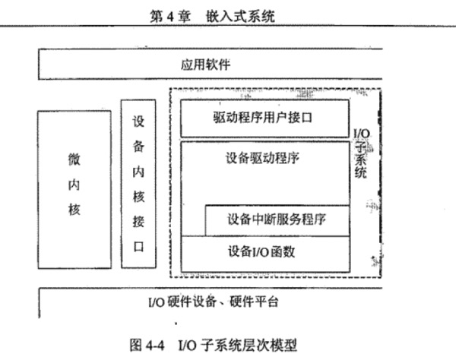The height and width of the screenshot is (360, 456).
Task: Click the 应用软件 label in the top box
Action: coord(206,65)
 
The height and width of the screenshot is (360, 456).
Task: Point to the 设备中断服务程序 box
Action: coord(277,219)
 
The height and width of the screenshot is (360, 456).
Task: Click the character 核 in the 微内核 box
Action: coord(73,210)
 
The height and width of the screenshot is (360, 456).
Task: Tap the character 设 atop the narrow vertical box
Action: coord(138,122)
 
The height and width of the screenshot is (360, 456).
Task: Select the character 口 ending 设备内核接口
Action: coord(138,247)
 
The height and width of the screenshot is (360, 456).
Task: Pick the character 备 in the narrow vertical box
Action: coord(138,147)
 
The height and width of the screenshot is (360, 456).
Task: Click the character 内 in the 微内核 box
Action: coord(73,185)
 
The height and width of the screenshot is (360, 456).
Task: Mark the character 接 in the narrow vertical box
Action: coord(138,221)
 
